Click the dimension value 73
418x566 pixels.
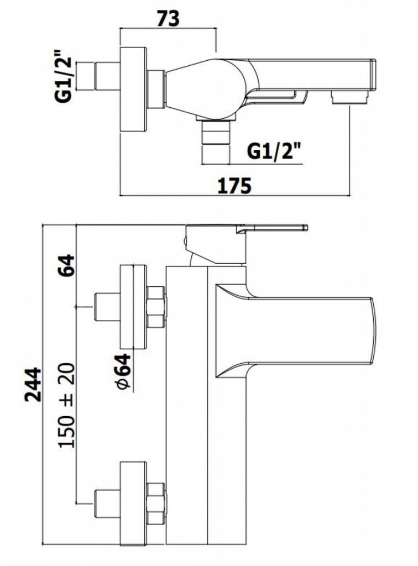click(x=168, y=19)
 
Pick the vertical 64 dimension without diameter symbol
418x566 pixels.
click(x=65, y=265)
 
